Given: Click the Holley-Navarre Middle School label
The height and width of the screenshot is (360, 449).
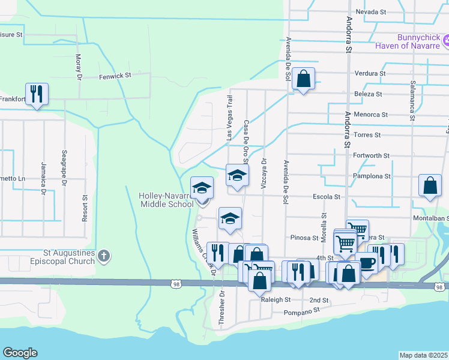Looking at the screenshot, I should coord(166,200).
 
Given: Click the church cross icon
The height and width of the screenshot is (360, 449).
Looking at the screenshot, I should coord(104,257).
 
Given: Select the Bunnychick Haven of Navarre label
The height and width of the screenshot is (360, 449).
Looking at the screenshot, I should coord(408,41).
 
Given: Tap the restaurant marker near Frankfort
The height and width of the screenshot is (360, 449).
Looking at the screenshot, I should coord(37,94).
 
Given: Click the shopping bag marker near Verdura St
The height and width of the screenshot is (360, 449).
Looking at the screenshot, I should coord(304,79).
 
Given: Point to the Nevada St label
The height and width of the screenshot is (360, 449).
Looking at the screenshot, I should coord(370,12).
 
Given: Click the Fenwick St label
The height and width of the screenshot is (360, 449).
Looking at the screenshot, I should coord(115,76).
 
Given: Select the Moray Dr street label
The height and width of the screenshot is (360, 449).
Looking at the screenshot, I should coord(78,67).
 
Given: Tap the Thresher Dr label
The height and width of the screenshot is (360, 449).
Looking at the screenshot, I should coord(221,308).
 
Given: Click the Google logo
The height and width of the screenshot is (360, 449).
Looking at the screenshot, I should coord(20,353).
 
